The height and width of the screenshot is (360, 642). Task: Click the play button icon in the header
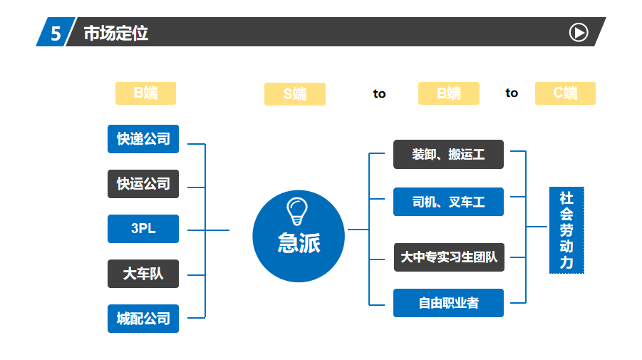(579, 32)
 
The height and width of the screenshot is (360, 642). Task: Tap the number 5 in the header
(56, 34)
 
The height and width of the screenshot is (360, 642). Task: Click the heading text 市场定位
(116, 34)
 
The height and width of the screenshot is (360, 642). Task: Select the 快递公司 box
(143, 139)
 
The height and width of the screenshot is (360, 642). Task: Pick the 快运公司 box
(143, 184)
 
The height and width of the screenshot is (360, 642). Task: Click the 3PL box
(143, 229)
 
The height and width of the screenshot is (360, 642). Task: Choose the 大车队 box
(143, 274)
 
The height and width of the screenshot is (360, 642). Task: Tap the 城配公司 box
(143, 319)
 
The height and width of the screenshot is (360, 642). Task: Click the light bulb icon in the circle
(297, 211)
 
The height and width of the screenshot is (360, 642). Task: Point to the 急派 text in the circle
(299, 243)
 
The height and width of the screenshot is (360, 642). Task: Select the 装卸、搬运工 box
(448, 155)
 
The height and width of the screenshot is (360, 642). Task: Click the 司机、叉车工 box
(448, 202)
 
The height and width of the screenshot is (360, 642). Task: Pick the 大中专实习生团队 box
(449, 257)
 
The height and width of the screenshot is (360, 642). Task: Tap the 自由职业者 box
(448, 303)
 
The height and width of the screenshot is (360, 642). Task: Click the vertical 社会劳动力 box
(566, 230)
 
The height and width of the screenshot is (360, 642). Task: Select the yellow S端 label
(295, 94)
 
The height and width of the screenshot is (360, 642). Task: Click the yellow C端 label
(566, 93)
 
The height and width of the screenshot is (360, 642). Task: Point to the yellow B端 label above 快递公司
(146, 93)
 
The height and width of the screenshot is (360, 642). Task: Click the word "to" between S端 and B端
(379, 94)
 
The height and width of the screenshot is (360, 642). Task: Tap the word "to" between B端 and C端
(512, 93)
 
